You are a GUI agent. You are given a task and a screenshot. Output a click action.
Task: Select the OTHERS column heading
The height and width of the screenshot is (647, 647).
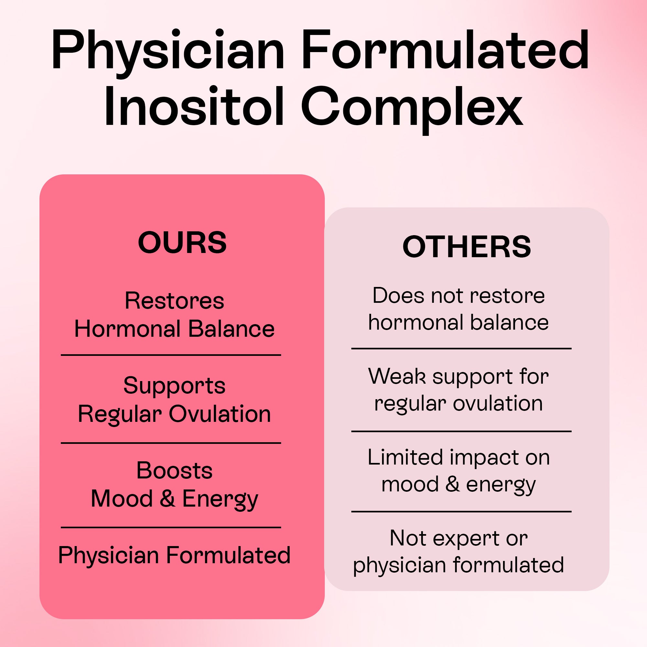(466, 247)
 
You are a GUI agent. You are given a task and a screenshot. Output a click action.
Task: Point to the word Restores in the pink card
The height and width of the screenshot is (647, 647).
(174, 301)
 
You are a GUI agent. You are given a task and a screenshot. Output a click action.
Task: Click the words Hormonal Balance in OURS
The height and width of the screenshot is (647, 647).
(174, 329)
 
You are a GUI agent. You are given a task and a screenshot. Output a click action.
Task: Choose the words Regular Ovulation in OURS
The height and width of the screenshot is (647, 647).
(174, 414)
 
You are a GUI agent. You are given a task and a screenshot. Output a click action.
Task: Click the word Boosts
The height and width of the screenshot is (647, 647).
(174, 470)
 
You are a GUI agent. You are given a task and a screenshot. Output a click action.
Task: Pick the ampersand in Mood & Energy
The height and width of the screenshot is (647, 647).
(168, 498)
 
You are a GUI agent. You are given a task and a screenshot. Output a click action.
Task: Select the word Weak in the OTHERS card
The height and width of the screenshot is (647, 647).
(397, 376)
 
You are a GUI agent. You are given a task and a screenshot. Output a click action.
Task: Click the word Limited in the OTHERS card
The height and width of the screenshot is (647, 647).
(405, 457)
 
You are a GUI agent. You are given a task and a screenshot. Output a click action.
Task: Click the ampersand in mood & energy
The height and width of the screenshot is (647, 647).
(453, 484)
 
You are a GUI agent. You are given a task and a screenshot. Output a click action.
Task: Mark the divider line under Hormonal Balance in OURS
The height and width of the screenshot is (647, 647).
(171, 355)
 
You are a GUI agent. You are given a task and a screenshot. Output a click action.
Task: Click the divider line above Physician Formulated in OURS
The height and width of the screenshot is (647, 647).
(171, 527)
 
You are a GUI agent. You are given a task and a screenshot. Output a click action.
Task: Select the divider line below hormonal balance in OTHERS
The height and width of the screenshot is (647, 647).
(461, 349)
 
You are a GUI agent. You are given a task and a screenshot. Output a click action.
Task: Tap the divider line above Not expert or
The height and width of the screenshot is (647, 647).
(461, 512)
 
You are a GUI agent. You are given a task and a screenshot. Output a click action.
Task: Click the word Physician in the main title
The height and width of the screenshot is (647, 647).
(168, 50)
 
